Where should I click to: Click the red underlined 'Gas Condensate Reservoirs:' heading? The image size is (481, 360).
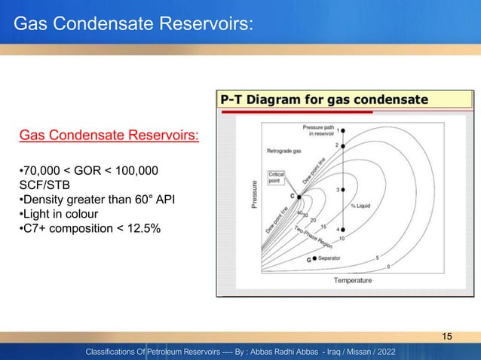109,136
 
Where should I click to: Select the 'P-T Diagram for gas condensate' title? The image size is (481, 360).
324,100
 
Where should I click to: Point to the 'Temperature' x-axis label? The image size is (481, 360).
353,280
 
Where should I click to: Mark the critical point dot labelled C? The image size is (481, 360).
299,197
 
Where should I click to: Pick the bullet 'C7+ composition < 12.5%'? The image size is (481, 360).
88,229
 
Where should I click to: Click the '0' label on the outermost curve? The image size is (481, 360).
388,265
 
